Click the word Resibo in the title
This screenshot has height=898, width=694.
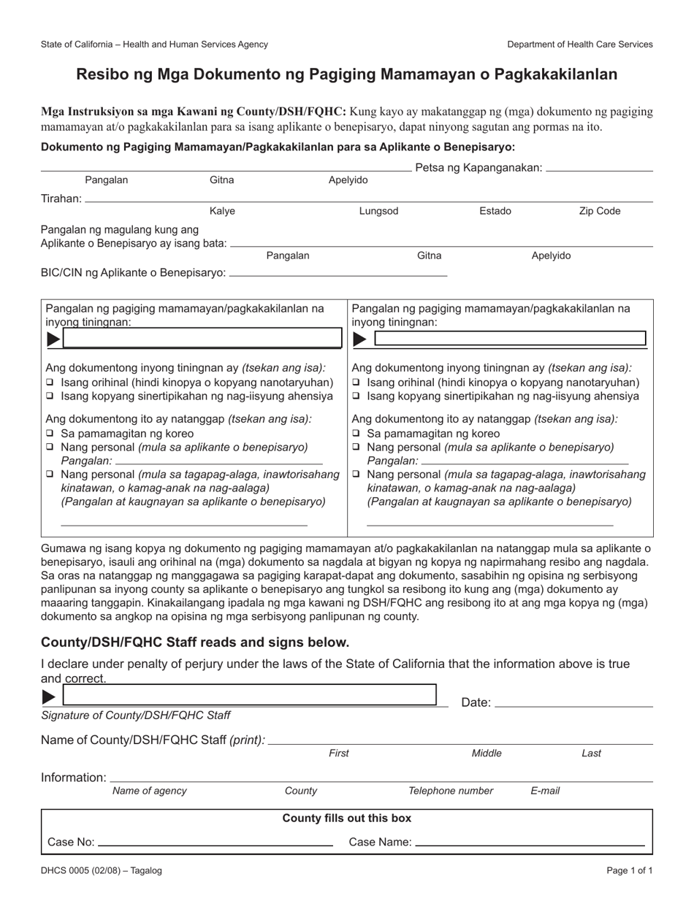[102, 74]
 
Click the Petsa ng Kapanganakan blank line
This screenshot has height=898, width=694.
[599, 169]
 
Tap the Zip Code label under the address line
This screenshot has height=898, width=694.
[599, 211]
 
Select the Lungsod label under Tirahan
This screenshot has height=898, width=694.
[378, 211]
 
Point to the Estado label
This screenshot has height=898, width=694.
[495, 211]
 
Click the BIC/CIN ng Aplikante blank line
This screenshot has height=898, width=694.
[338, 275]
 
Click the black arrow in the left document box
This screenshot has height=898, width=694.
[53, 339]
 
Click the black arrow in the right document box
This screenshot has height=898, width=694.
[360, 339]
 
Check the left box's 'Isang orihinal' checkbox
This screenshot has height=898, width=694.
[50, 383]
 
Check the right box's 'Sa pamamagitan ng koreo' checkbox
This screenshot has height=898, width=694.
[356, 434]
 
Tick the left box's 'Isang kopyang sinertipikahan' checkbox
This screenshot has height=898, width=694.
[50, 396]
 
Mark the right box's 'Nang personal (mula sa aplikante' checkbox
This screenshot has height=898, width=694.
[356, 447]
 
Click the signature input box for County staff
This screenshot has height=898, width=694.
[248, 695]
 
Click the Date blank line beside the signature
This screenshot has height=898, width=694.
[573, 705]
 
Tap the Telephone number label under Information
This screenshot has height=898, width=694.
[451, 791]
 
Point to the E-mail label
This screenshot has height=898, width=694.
[545, 791]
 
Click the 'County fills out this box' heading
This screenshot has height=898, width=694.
[346, 818]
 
